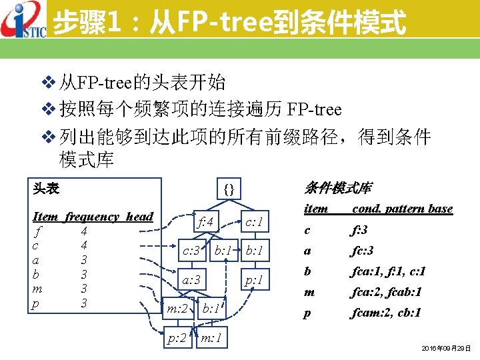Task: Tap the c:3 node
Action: (x=192, y=251)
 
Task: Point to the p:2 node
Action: (x=177, y=339)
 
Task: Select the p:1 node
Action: (x=253, y=281)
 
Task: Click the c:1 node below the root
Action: (x=253, y=221)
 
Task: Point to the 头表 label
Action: (x=46, y=189)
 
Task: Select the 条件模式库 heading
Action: (x=338, y=188)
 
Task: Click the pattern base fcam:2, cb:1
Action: (x=386, y=313)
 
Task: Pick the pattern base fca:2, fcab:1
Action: (x=386, y=292)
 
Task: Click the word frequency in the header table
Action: (x=92, y=217)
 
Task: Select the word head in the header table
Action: (x=139, y=217)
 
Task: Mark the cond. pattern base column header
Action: (x=402, y=209)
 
